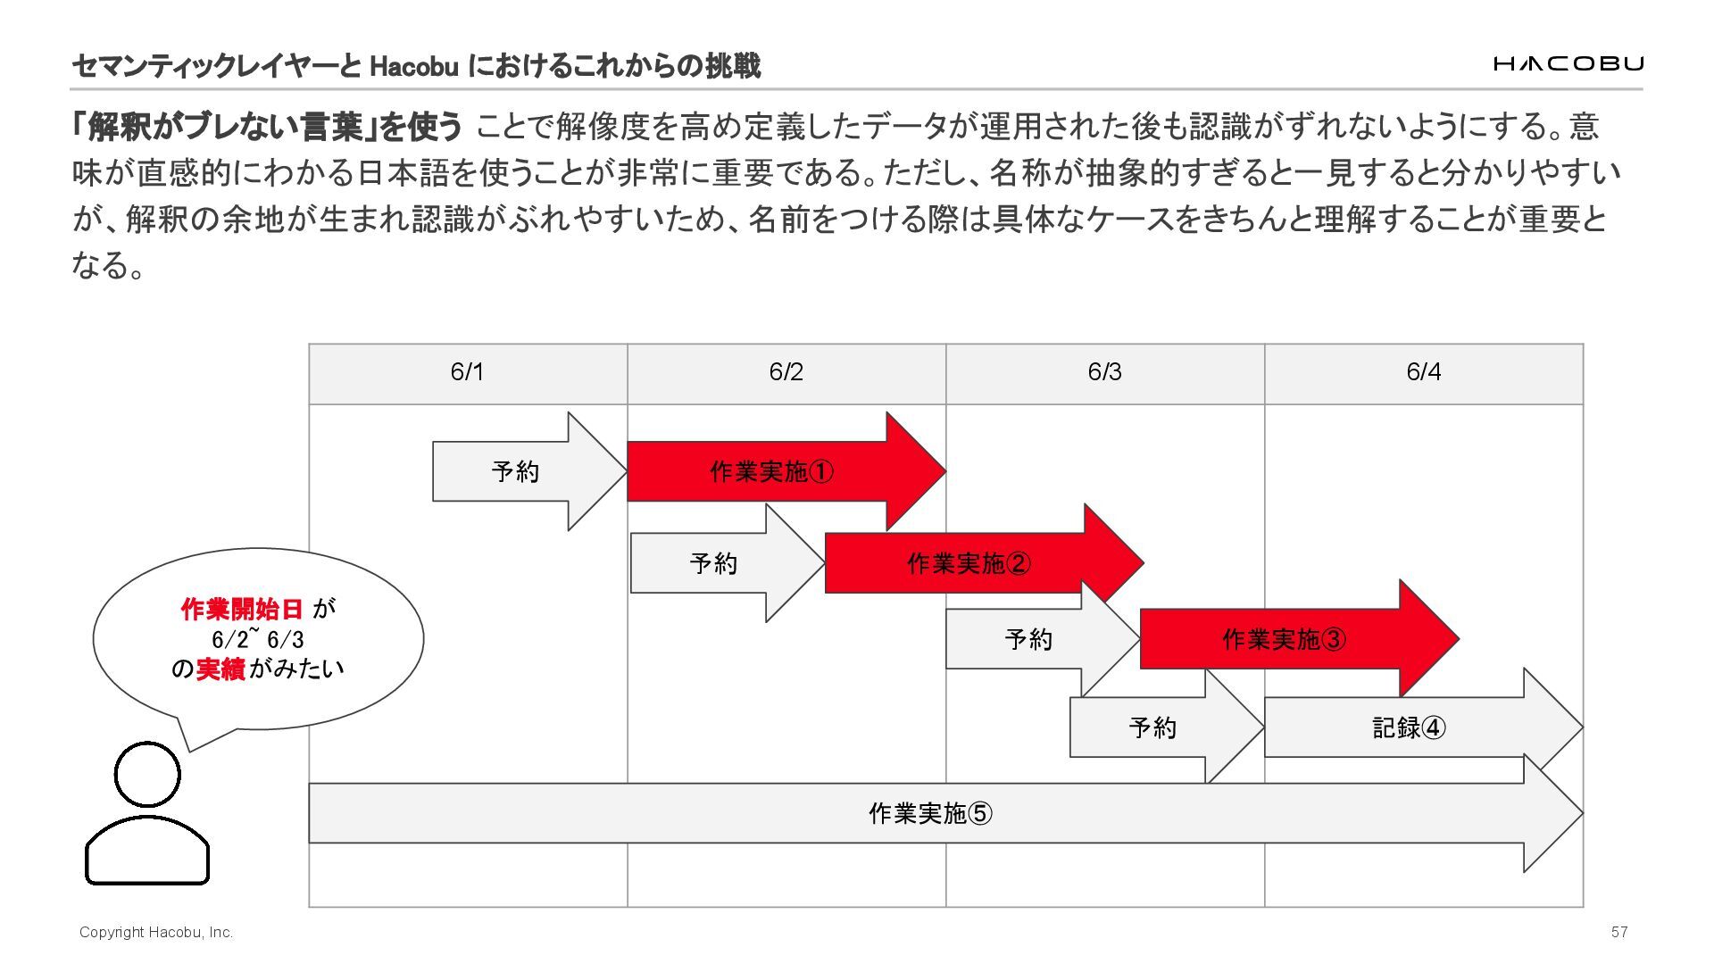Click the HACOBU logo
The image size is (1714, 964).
pos(1568,63)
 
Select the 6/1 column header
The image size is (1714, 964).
pos(468,372)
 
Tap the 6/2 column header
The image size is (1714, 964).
pos(786,372)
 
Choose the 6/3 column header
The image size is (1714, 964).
pos(1105,372)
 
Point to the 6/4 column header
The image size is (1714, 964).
pos(1424,372)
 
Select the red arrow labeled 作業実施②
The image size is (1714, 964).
pos(969,563)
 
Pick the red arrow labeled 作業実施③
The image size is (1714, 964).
pos(1284,639)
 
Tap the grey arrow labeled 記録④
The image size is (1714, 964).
pos(1409,727)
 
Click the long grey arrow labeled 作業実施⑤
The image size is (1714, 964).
pos(930,813)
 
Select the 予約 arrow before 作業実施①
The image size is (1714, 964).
pos(516,471)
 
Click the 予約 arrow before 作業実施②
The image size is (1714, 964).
pos(714,563)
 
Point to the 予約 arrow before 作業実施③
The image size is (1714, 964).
pos(1028,639)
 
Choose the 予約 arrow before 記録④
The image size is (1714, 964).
pos(1152,727)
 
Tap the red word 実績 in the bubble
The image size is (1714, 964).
pos(220,669)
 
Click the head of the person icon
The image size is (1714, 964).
pos(147,774)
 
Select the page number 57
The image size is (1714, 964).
pos(1619,932)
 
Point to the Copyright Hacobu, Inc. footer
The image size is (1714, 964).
pos(156,932)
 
